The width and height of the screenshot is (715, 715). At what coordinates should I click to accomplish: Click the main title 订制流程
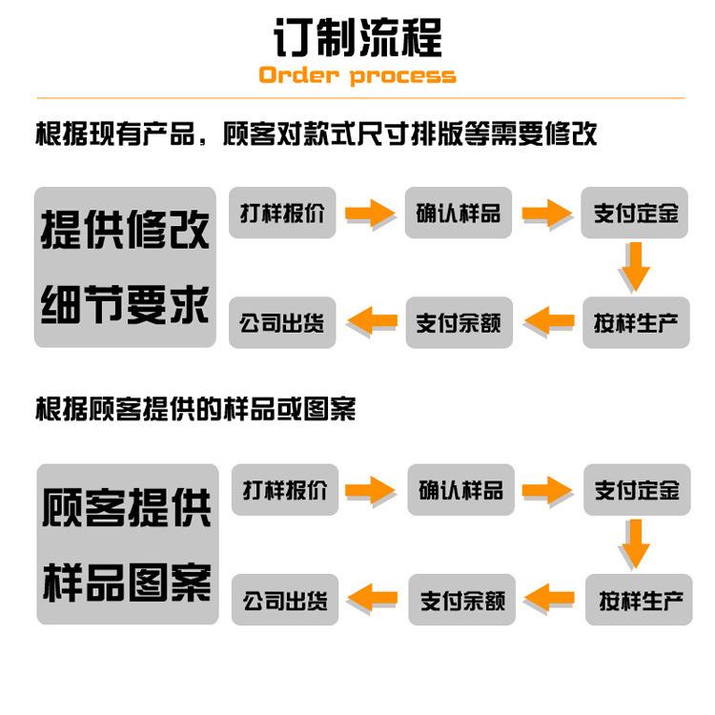tap(357, 38)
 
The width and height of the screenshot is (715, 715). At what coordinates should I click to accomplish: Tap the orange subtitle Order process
tap(357, 76)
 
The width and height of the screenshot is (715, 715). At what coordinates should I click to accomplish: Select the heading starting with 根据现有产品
tap(316, 133)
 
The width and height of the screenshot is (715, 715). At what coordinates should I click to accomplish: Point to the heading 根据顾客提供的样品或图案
tap(195, 410)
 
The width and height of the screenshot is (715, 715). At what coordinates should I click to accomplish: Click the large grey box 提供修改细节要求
tap(126, 267)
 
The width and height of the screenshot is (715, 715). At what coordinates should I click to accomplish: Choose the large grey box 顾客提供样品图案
tap(128, 544)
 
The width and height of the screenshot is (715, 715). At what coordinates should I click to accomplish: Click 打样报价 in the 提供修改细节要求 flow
tap(282, 213)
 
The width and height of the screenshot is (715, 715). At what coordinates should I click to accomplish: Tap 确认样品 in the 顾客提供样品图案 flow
tap(460, 490)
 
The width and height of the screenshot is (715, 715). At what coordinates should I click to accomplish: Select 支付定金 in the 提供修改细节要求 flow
tap(635, 213)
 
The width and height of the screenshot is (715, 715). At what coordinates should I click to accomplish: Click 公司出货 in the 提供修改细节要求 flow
tap(282, 322)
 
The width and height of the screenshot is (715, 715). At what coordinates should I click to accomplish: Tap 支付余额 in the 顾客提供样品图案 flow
tap(461, 601)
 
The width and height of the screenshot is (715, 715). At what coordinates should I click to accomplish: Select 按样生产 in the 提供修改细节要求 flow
tap(635, 322)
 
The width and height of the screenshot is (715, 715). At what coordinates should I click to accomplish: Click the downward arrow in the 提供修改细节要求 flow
tap(635, 266)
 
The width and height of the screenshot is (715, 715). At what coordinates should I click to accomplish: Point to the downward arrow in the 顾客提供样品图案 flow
tap(635, 544)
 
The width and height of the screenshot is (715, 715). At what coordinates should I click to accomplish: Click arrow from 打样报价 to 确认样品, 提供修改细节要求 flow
tap(370, 213)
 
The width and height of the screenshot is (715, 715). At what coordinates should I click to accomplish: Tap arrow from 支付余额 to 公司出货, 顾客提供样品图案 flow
tap(373, 600)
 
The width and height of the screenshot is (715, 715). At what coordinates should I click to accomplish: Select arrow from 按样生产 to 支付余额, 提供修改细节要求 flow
tap(549, 321)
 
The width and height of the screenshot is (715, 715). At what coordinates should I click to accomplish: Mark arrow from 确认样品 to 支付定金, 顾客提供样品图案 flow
tap(548, 490)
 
